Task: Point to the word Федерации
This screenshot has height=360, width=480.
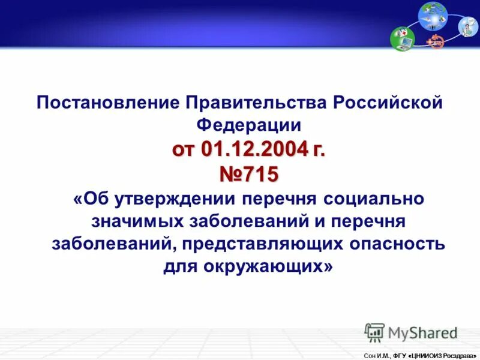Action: [249, 125]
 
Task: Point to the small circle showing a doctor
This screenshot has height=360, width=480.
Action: [469, 26]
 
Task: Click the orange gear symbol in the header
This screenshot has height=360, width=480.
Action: [436, 42]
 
